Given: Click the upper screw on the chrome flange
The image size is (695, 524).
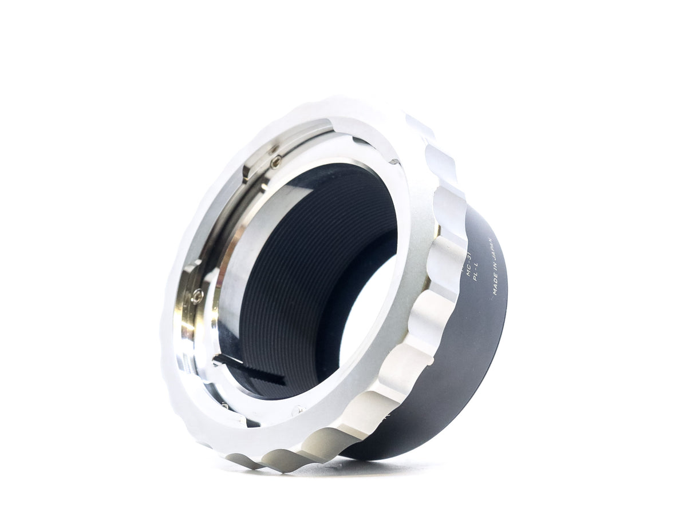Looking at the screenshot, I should (275, 162).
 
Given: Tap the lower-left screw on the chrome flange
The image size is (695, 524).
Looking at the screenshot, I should (198, 296).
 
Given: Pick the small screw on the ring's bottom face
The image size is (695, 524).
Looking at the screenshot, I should (297, 409).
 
